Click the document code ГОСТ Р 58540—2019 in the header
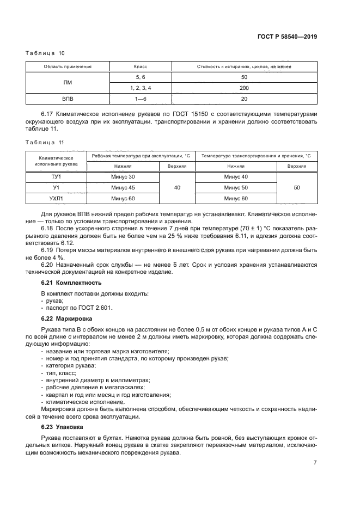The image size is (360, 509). tap(286, 38)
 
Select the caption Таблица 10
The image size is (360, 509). tap(45, 53)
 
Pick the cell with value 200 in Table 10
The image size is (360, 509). tap(243, 88)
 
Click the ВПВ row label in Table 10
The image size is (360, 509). tap(68, 99)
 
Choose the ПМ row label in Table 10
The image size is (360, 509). tap(68, 82)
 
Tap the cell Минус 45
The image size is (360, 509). tap(123, 187)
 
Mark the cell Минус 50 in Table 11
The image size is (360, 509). tap(236, 187)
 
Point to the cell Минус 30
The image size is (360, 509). tap(123, 177)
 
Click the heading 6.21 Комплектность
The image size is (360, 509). tap(71, 283)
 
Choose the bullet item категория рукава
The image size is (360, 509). tap(66, 366)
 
